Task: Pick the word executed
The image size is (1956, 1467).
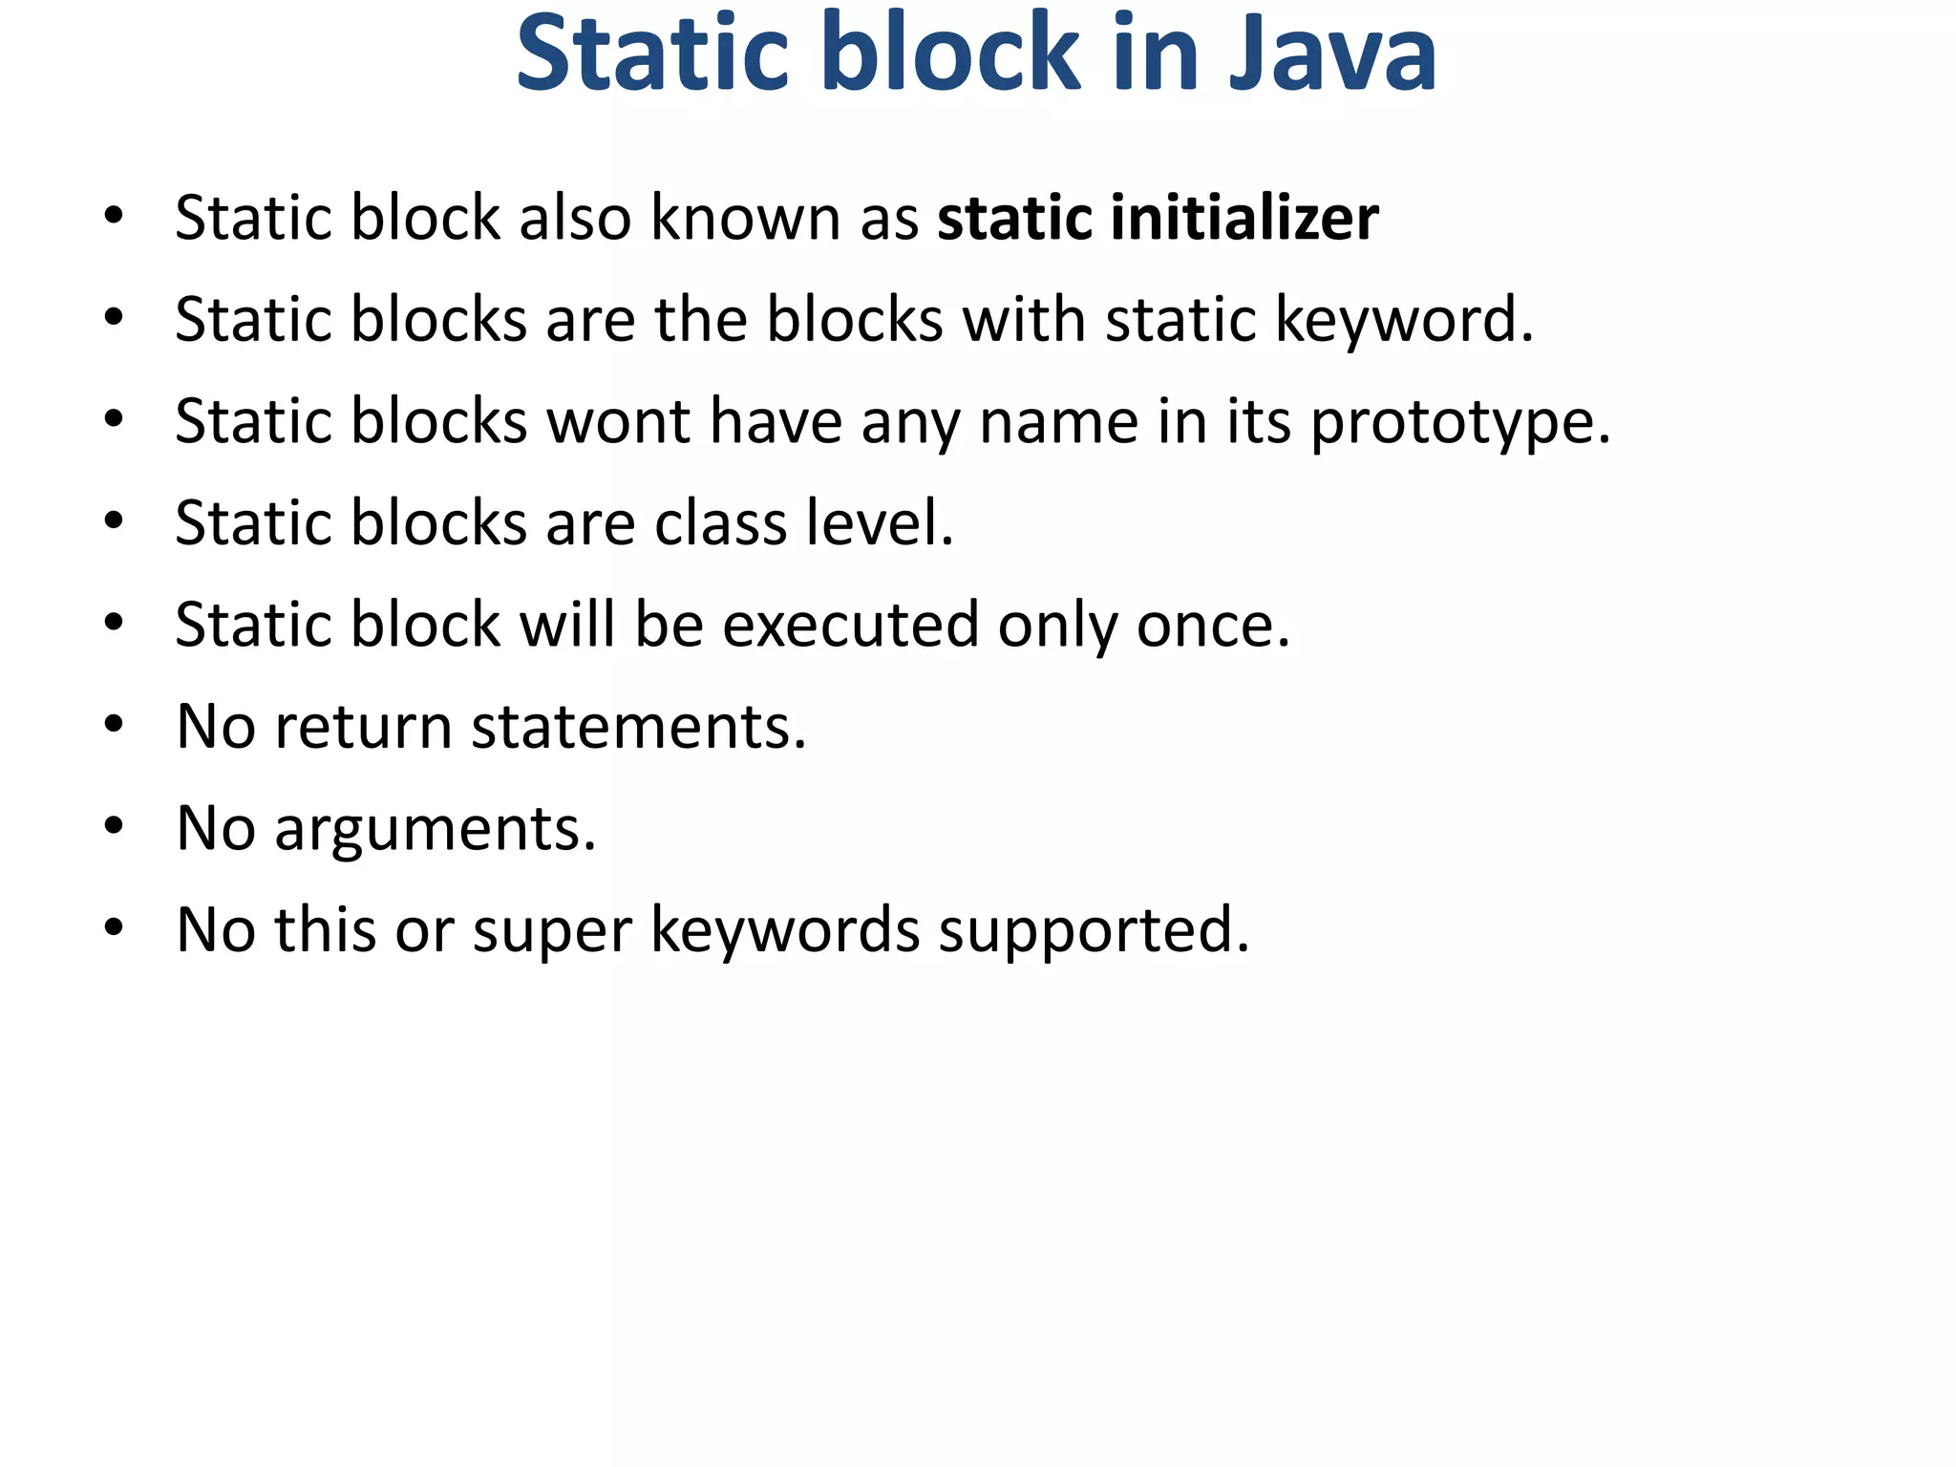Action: [850, 625]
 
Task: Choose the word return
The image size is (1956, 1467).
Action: [363, 727]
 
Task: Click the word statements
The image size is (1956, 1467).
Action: [638, 727]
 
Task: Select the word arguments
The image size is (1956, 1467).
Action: [435, 828]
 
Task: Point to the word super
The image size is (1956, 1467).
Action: [552, 930]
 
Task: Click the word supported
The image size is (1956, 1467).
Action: [1093, 930]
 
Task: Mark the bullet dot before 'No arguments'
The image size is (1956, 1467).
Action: [114, 827]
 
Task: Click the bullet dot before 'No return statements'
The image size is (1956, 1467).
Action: [114, 725]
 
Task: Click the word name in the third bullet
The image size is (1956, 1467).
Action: [1058, 421]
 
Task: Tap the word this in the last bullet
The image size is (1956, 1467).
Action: [326, 930]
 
